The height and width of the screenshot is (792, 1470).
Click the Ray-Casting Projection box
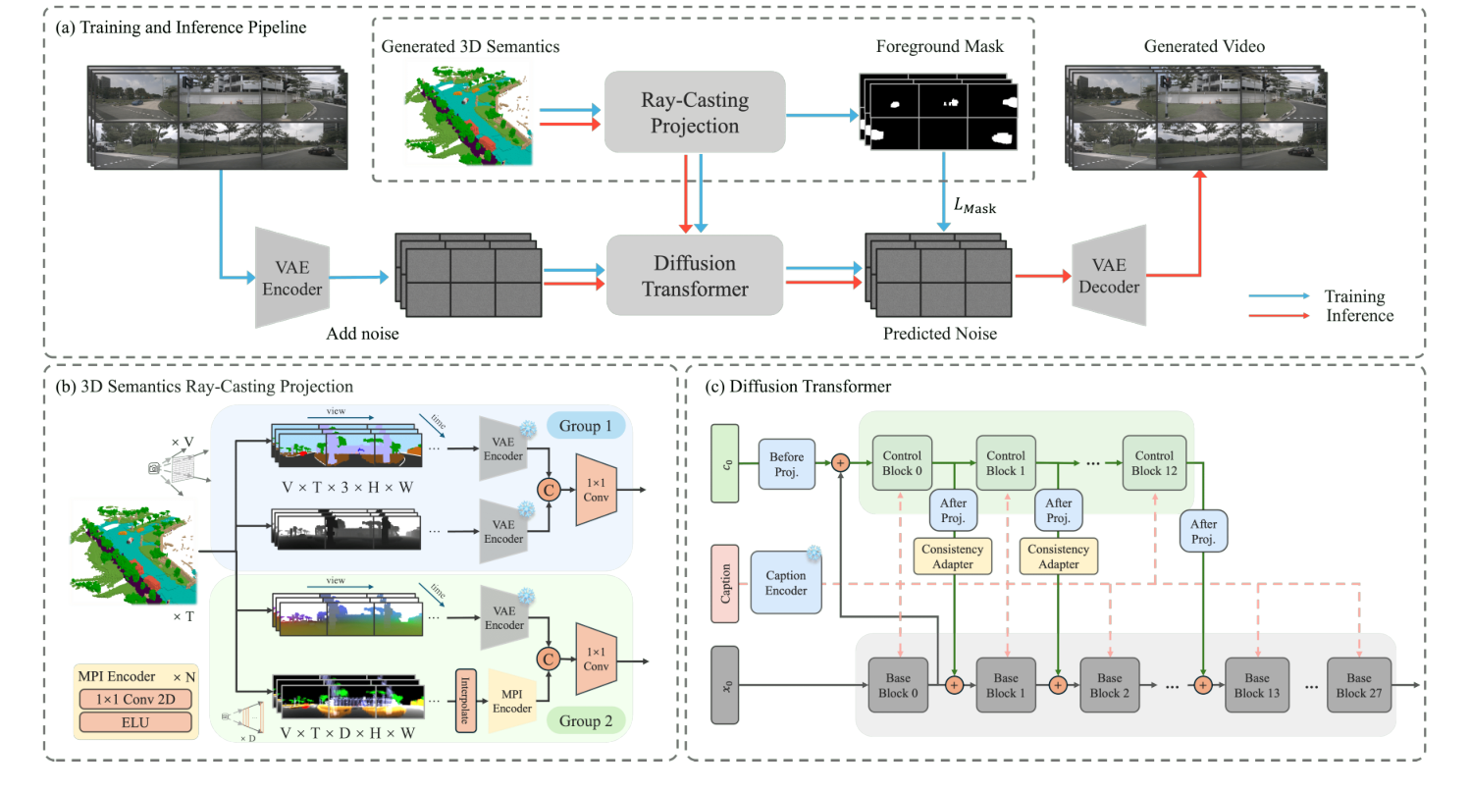pos(695,112)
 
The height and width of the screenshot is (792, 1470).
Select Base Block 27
pos(1359,684)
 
